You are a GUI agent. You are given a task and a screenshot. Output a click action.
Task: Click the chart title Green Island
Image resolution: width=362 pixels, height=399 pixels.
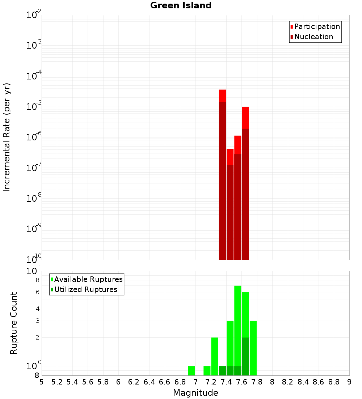[x=181, y=5]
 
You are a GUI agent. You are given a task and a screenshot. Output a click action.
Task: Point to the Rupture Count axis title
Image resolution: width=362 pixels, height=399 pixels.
[x=14, y=323]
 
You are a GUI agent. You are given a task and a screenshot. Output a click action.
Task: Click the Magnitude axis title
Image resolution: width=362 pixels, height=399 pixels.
[x=195, y=393]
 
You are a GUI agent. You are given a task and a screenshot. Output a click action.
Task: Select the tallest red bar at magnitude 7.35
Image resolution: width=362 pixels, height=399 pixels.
[x=222, y=174]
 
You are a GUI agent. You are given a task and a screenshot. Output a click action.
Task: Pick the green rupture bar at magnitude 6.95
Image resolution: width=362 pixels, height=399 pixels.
[x=191, y=371]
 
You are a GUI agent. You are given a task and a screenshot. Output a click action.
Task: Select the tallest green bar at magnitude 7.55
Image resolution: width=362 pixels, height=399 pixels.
[x=237, y=326]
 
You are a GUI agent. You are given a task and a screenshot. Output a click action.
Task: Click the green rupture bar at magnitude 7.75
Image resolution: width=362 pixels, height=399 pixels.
[x=253, y=348]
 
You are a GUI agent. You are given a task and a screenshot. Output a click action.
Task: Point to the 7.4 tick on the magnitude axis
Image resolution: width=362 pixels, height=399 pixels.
[x=226, y=382]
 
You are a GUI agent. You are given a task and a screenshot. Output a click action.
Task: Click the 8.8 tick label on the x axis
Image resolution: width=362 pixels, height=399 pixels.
[x=334, y=382]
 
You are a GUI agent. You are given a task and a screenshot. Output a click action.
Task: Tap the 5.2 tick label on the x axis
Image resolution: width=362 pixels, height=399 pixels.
[x=57, y=382]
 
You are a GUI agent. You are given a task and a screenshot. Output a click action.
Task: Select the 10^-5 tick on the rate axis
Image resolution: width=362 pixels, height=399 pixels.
[x=34, y=107]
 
